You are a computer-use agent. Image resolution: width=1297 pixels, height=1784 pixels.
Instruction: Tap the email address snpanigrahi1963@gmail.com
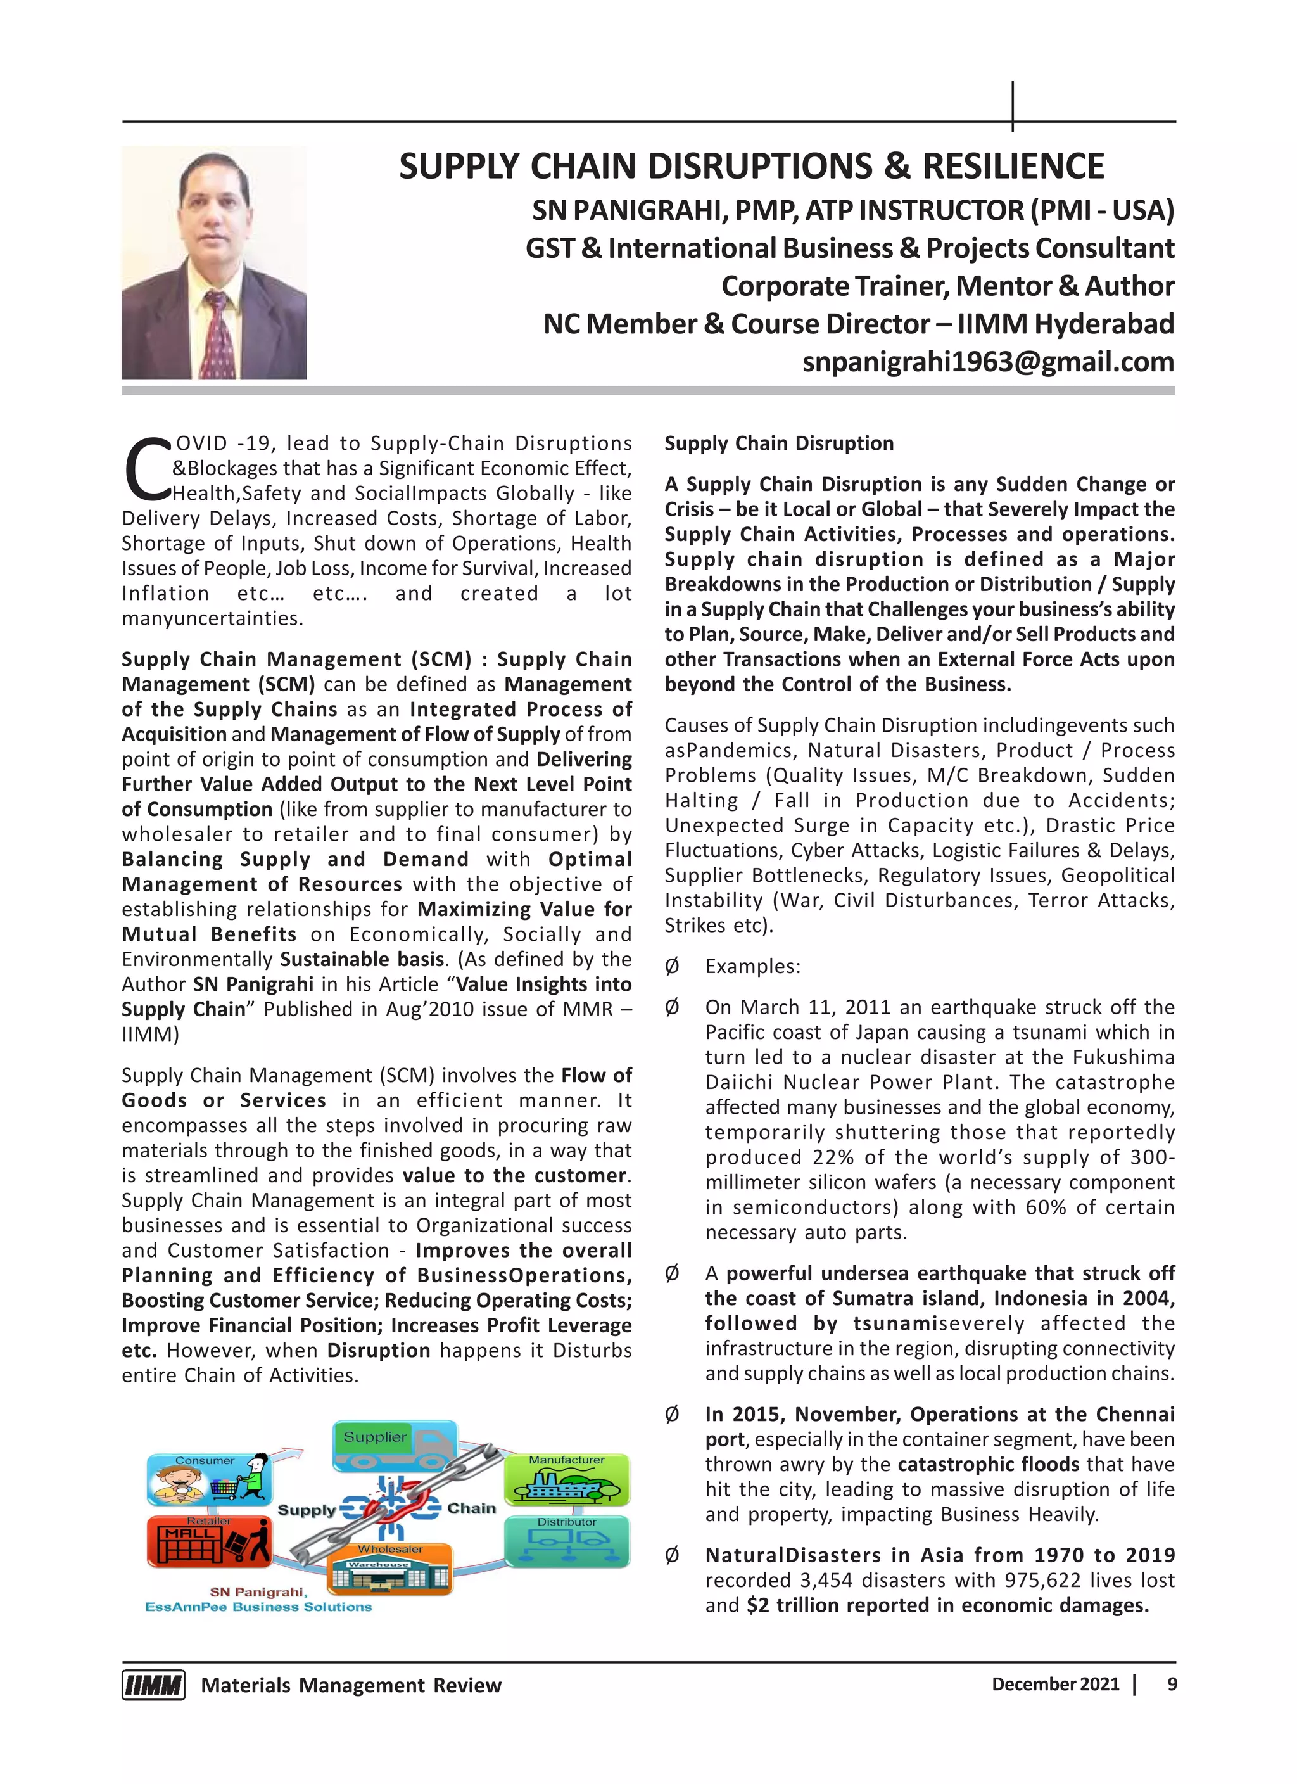[988, 362]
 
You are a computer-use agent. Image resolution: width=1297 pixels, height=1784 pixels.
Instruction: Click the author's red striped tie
[217, 335]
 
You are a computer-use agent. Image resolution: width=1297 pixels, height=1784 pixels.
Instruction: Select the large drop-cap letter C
[146, 469]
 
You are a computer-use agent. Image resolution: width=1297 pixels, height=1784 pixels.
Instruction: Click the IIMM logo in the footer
[153, 1685]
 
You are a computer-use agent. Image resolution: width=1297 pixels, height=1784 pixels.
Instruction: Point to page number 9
[1172, 1684]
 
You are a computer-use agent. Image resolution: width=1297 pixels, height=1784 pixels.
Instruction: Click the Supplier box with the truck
[395, 1446]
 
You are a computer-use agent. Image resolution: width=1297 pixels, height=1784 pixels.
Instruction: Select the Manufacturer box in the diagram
[566, 1479]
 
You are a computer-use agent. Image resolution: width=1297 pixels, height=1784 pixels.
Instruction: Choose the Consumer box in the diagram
[209, 1479]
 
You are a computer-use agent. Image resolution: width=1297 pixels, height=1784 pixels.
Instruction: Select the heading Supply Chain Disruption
[779, 443]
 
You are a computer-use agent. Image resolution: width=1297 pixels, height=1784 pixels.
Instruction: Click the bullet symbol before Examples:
[672, 967]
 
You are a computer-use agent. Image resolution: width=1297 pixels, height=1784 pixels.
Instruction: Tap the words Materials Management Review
[351, 1685]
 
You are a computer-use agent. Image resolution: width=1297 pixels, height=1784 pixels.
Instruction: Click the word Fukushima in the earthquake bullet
[1129, 1057]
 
